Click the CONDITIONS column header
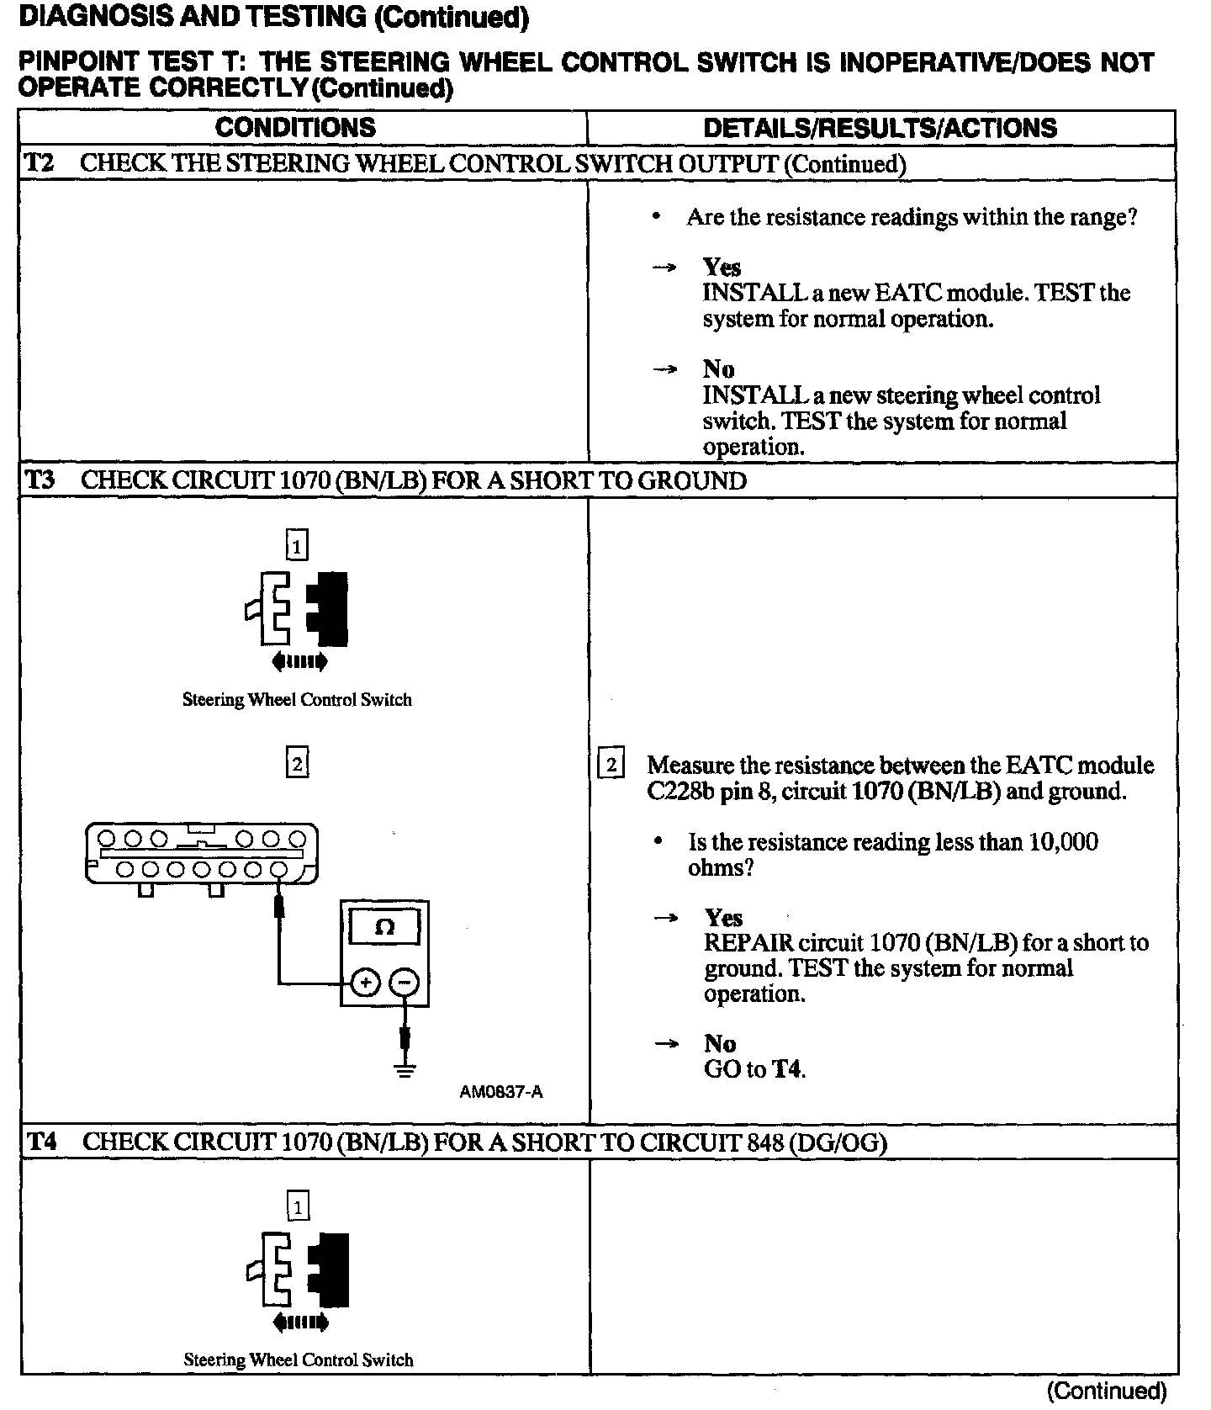pos(295,128)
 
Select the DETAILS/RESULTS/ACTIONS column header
pos(880,128)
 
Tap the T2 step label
pos(39,163)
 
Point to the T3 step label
pos(40,480)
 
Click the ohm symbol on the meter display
pos(384,927)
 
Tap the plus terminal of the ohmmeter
pos(365,982)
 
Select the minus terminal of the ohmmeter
pos(405,982)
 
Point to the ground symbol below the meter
pos(405,1071)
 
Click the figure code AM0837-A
pos(501,1092)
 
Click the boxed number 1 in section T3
pos(297,547)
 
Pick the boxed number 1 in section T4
pos(298,1208)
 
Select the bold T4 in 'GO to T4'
pos(788,1069)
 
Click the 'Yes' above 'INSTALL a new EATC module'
pos(722,268)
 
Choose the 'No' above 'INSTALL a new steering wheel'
pos(718,369)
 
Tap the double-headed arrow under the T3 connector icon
pos(299,662)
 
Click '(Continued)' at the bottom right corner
pos(1106,1391)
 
